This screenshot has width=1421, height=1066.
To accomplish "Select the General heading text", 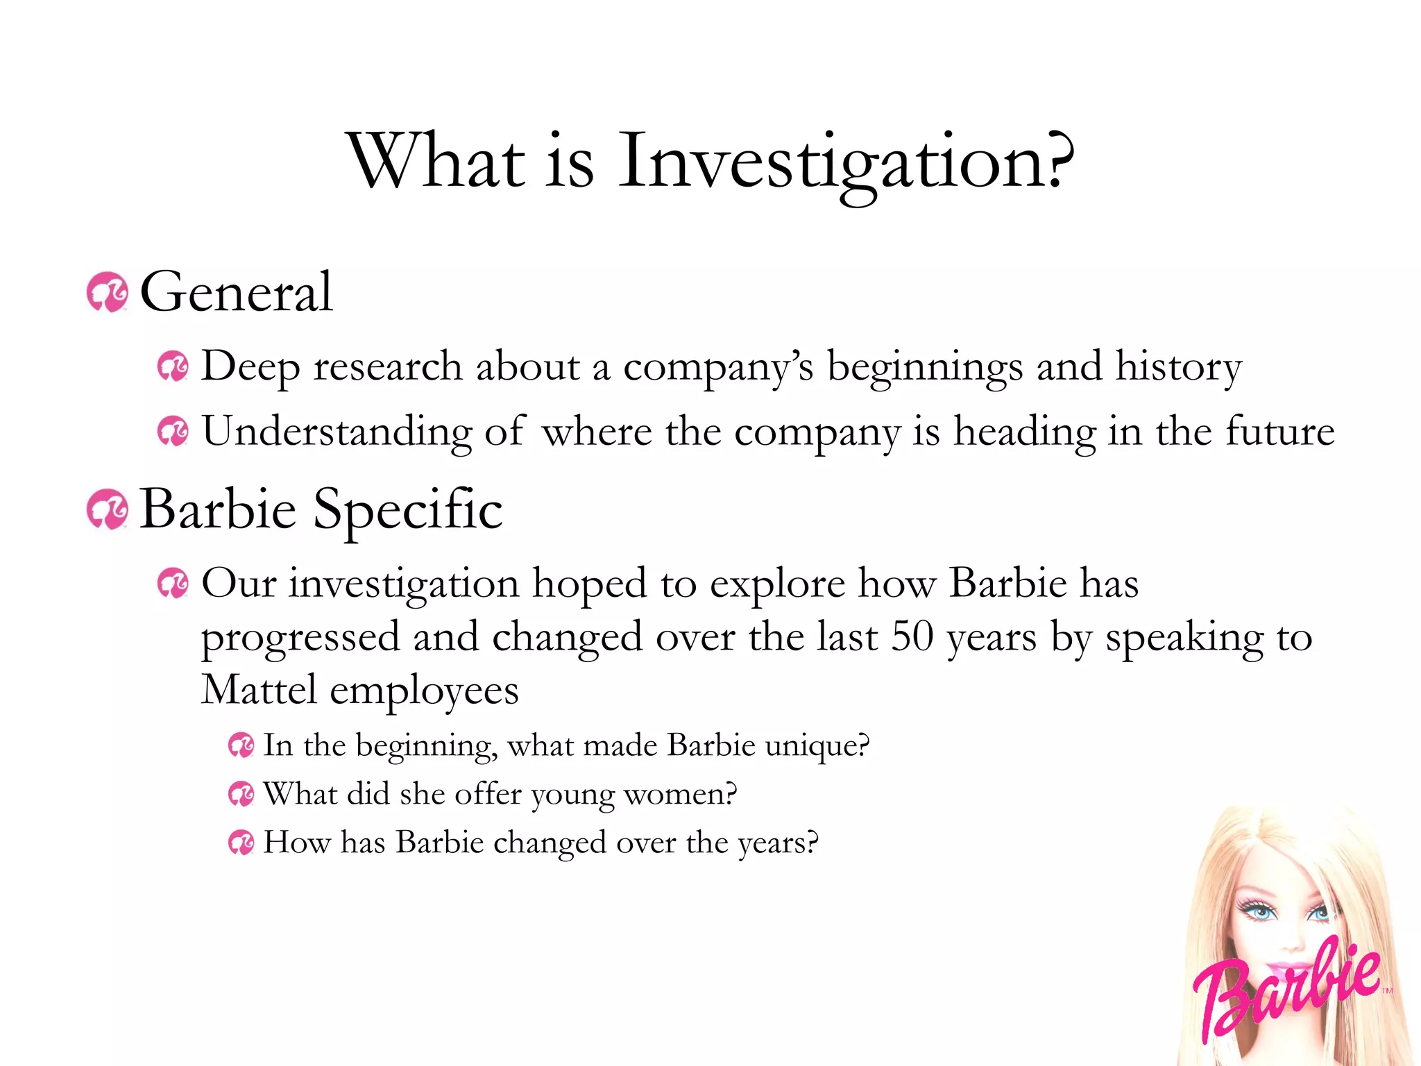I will point(236,292).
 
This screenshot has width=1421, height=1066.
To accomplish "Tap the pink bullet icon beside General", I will point(107,293).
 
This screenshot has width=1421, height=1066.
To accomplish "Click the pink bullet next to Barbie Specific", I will point(107,509).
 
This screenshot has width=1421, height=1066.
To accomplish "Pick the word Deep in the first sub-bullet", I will point(250,366).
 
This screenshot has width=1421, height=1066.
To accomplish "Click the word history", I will point(1178,366).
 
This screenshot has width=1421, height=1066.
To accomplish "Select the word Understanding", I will point(337,432).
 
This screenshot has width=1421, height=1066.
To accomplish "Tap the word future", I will point(1280,432).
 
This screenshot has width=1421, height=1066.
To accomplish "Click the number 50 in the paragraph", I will point(912,636).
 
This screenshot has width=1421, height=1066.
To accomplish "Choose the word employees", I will point(424,691).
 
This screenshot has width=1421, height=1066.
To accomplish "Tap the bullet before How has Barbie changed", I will point(241,843).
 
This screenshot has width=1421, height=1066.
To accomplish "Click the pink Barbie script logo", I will point(1287,985).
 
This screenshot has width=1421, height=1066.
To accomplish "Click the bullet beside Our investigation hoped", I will point(173,583).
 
